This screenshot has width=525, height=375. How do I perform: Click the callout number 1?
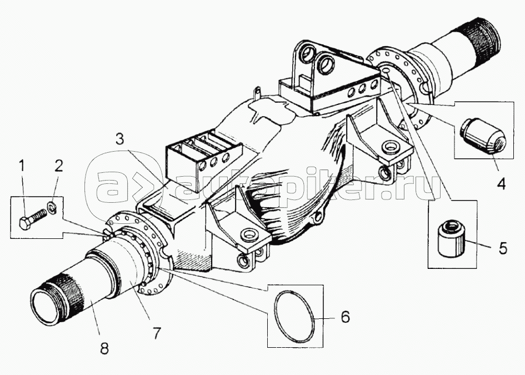(x=22, y=166)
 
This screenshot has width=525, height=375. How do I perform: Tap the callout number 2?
(x=58, y=166)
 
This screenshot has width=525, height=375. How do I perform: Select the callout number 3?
(x=120, y=139)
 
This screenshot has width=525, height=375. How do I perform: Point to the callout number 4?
(x=501, y=184)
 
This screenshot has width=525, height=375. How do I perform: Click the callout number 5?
(x=503, y=248)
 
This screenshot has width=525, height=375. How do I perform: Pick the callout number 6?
(x=345, y=317)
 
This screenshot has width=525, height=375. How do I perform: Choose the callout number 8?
(x=104, y=348)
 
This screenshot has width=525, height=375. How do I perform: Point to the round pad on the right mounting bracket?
(x=391, y=146)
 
